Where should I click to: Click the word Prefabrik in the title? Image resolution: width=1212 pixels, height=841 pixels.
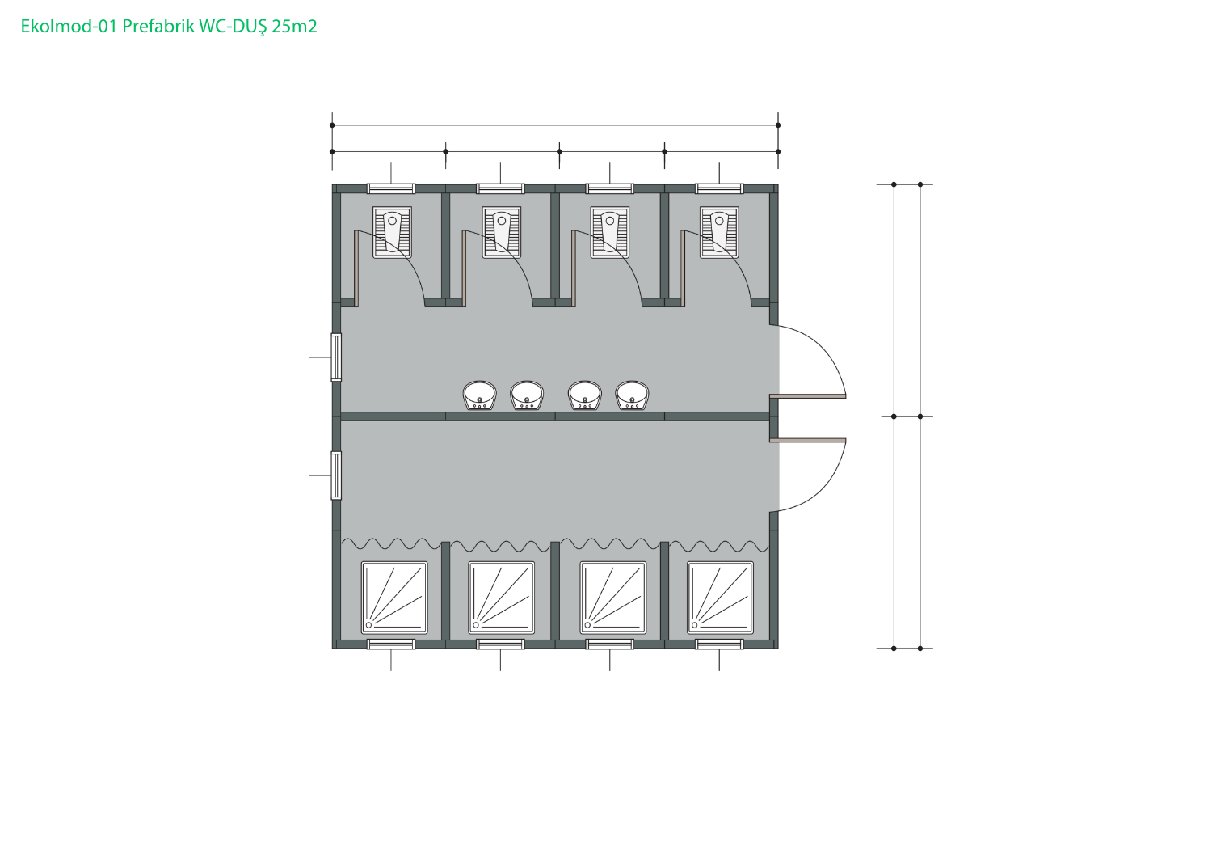point(158,26)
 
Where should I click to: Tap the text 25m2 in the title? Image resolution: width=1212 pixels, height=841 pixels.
point(294,26)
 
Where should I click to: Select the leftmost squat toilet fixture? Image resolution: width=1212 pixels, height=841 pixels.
point(392,232)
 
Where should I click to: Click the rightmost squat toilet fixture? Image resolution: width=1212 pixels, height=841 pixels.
point(719,232)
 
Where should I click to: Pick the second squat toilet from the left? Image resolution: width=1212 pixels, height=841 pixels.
point(502,232)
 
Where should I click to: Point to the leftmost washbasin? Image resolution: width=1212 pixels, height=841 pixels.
point(479,396)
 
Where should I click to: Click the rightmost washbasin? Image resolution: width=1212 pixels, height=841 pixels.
point(632,396)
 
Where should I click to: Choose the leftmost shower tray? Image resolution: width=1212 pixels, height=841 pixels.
point(394,598)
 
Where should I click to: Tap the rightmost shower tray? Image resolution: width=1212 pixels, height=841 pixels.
point(720,598)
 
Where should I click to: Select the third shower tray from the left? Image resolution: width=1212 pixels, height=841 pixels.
point(613,598)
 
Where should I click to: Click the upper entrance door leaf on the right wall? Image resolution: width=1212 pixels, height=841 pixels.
point(808,396)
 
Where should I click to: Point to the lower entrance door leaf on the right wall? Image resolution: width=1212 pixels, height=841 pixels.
point(808,440)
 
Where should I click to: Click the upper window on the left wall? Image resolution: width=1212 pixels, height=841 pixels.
point(336,357)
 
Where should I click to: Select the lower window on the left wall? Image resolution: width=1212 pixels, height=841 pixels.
point(336,475)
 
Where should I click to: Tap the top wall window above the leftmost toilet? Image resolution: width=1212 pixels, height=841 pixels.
point(391,188)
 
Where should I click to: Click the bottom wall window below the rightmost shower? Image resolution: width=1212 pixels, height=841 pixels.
point(719,644)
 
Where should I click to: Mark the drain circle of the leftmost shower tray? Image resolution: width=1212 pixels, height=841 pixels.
point(369,625)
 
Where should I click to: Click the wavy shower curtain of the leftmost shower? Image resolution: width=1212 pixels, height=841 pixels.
point(391,543)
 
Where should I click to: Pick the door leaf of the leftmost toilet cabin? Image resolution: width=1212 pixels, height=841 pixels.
point(356,268)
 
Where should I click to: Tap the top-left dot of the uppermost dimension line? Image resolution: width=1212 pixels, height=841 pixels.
point(332,125)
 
